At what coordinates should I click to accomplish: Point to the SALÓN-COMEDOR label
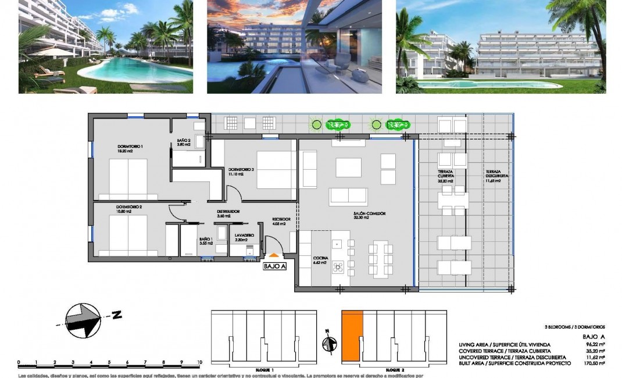(370, 213)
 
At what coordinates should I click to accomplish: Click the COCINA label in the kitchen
(320, 258)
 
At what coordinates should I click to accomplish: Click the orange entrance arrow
(273, 255)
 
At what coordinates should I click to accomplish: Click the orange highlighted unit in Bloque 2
(351, 334)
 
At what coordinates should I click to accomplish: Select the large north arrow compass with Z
(81, 320)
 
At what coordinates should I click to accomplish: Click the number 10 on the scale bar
(199, 362)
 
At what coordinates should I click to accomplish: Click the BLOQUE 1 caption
(264, 370)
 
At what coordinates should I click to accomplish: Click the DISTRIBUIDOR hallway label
(228, 212)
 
